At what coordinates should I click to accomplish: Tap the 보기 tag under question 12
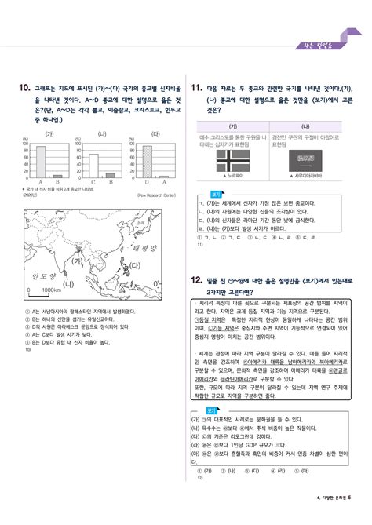(213, 409)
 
